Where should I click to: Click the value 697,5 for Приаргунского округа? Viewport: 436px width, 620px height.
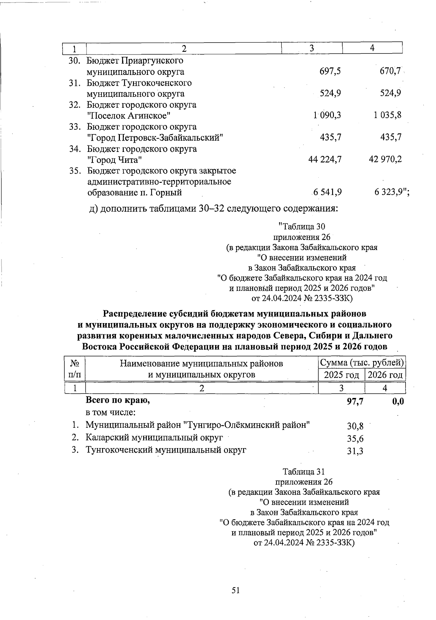tap(330, 72)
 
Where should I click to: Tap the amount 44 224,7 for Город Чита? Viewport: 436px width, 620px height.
tap(324, 159)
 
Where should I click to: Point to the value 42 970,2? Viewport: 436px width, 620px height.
tap(385, 159)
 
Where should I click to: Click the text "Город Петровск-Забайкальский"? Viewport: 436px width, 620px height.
tap(155, 138)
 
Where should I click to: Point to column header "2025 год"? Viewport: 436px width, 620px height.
tap(341, 375)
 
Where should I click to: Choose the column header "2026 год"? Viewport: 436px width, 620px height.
tap(385, 375)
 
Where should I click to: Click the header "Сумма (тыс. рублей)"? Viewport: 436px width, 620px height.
tap(362, 363)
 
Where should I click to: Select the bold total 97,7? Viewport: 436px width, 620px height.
tap(355, 401)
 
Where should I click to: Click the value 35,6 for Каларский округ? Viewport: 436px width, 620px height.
tap(355, 439)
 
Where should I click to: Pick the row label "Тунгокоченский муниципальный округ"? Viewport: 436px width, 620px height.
tap(166, 450)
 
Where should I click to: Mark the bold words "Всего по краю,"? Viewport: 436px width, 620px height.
tap(118, 400)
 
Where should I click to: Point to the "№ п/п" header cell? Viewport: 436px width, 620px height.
tap(74, 369)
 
